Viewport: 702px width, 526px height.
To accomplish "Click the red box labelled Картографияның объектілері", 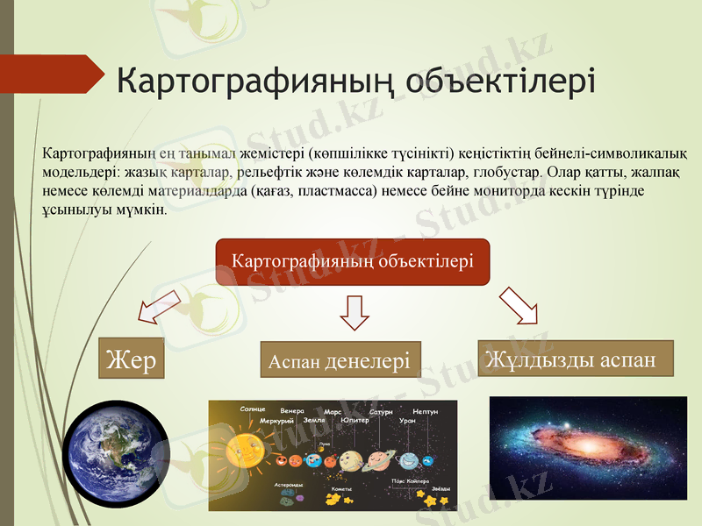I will click(x=352, y=261).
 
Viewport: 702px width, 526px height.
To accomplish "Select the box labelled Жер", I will click(x=131, y=359).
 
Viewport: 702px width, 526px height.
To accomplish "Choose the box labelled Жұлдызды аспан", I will click(x=574, y=359).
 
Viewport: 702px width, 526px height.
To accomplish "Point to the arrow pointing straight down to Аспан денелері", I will click(x=355, y=311).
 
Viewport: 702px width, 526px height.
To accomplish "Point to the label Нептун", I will click(x=425, y=411).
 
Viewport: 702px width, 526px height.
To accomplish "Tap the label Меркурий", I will click(x=276, y=421).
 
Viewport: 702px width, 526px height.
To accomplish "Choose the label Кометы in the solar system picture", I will click(x=341, y=489).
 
